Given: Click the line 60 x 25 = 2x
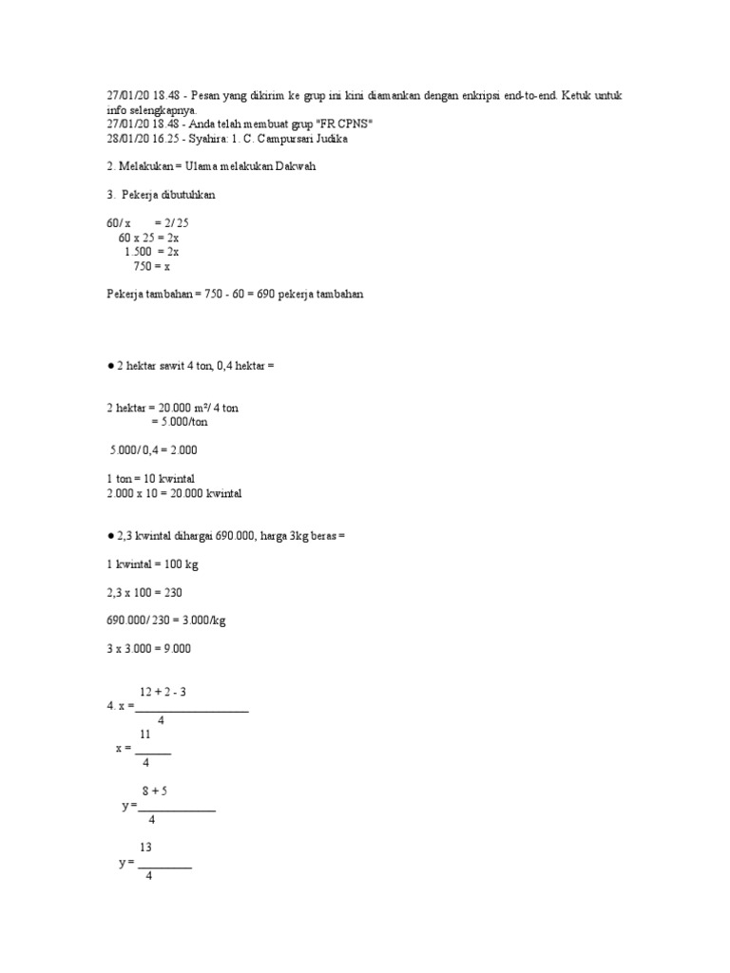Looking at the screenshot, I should point(156,238).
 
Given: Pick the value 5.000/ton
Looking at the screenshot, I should point(179,422).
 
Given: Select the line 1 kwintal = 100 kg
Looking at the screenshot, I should point(152,564).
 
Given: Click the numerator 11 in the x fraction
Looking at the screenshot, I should point(145,735).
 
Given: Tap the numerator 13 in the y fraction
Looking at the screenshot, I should point(146,848).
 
